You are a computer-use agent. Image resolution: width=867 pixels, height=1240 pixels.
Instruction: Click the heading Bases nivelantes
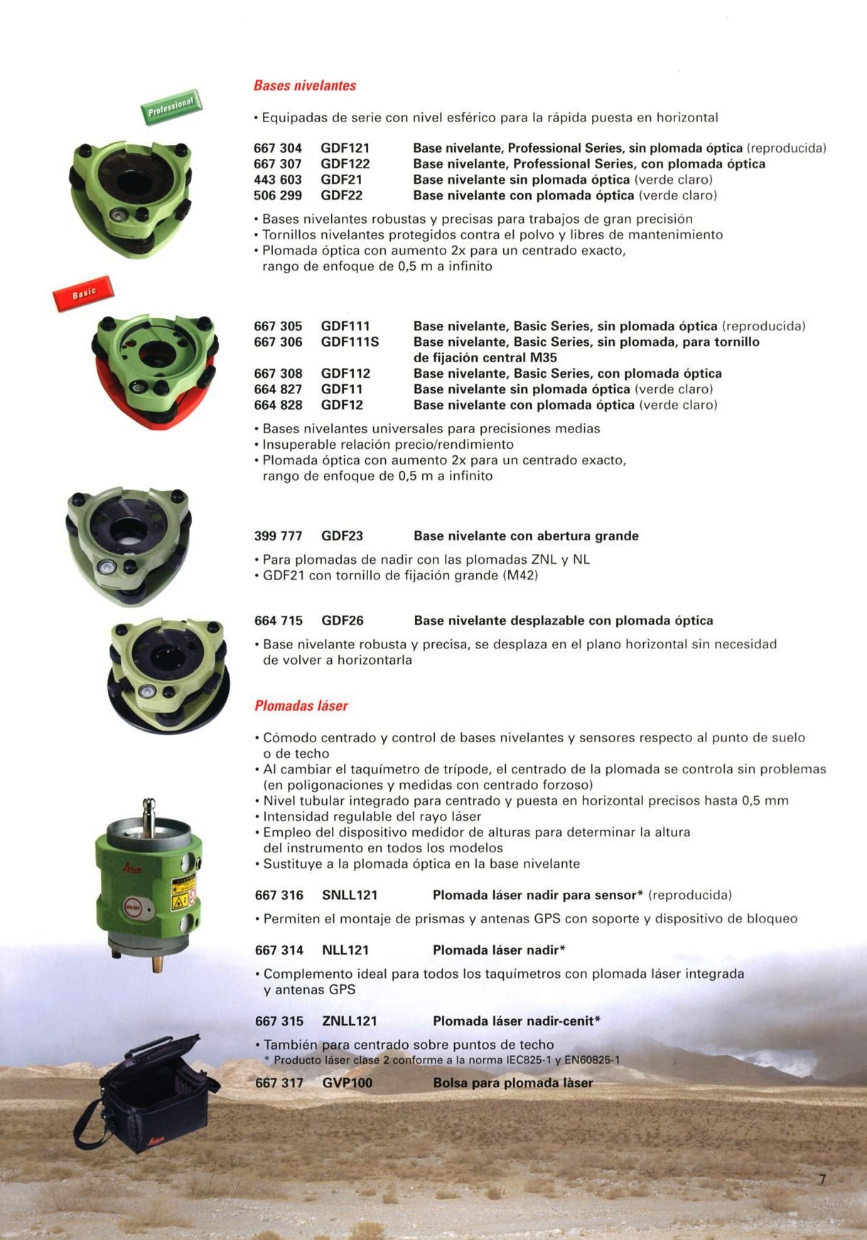(305, 86)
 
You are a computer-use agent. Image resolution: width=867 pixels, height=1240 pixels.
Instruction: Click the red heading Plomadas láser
(301, 706)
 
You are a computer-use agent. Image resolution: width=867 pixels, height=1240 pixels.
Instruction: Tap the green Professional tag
(171, 107)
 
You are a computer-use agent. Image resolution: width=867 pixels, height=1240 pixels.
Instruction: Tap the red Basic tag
(83, 293)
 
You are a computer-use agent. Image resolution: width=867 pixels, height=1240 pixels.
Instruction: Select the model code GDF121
(345, 148)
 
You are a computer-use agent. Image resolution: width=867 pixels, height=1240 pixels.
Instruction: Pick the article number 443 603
(278, 180)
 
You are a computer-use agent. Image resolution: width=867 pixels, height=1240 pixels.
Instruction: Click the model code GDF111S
(350, 342)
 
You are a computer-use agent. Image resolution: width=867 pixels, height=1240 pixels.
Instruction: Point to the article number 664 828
(278, 405)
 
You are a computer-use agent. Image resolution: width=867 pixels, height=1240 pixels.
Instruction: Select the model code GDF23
(342, 536)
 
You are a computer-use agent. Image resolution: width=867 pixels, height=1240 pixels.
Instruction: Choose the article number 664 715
(279, 621)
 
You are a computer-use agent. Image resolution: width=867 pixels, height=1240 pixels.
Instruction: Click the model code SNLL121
(350, 895)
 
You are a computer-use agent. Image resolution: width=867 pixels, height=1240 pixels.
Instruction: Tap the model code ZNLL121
(350, 1021)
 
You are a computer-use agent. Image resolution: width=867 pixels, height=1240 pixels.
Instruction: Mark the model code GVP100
(348, 1083)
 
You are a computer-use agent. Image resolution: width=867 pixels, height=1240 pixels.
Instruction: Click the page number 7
(822, 1180)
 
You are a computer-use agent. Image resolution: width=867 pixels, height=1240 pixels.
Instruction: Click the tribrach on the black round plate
(168, 675)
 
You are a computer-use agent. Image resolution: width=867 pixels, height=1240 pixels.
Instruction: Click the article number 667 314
(279, 950)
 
